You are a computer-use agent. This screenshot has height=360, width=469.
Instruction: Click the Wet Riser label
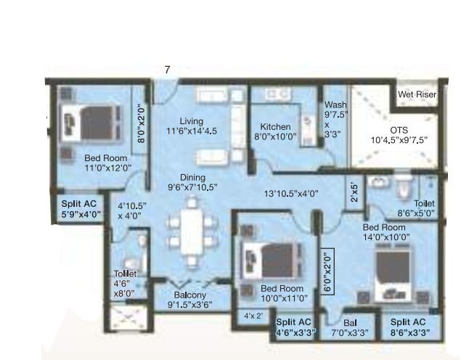coord(417,94)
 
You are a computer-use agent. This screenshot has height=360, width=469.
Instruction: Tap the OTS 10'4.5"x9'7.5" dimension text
coord(399,135)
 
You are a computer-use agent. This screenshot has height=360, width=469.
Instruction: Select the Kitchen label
coord(275,127)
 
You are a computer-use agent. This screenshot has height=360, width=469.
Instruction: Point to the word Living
coord(192,121)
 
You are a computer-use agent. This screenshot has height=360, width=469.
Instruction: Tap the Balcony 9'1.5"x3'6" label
coord(190,300)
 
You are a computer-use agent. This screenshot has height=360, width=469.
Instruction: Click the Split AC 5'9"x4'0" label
coord(81,209)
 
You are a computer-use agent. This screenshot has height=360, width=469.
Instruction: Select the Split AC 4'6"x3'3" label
coord(295,327)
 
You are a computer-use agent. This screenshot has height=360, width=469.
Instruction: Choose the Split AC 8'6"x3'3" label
coord(409,327)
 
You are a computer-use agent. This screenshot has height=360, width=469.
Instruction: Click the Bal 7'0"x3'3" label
coord(350,328)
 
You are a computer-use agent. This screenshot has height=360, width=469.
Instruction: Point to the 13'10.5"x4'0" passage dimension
coord(290,194)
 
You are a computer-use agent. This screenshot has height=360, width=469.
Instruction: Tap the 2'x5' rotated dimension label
coord(355,192)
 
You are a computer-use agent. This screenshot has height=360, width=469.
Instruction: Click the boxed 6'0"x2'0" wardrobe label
coord(327,271)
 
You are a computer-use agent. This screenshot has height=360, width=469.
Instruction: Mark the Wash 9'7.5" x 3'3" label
coord(335,119)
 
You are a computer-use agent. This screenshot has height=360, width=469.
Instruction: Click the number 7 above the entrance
coord(167,70)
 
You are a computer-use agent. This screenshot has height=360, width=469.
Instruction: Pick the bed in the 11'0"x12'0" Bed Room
coord(91,123)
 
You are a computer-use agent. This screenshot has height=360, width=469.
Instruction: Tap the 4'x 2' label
coord(253,316)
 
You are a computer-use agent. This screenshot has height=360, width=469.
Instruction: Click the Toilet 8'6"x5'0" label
coord(416,208)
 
